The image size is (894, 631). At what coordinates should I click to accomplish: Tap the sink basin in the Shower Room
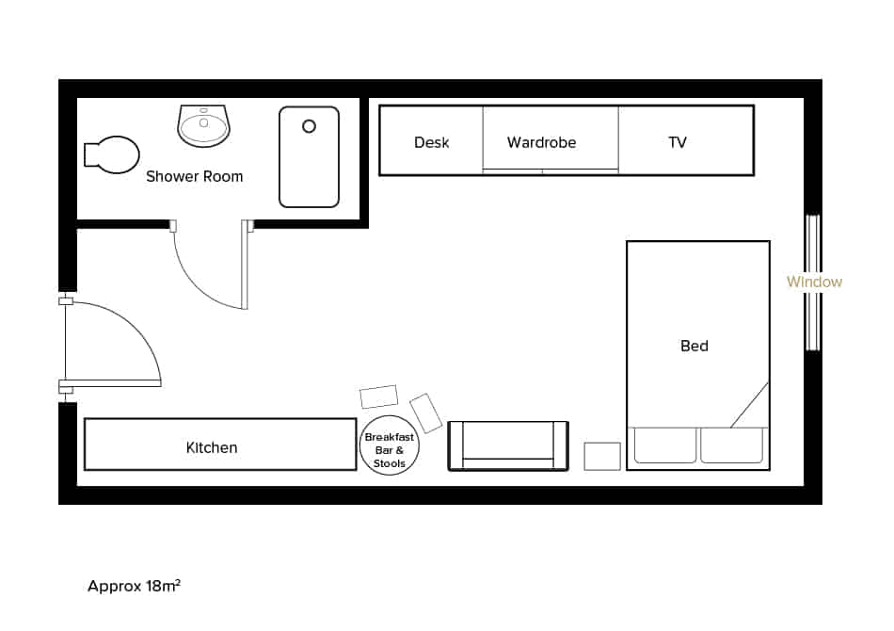click(x=203, y=125)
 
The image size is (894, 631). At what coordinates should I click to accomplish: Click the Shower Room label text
click(x=194, y=176)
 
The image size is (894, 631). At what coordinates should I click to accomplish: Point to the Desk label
click(x=431, y=143)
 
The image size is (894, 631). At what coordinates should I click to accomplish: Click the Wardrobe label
click(x=541, y=143)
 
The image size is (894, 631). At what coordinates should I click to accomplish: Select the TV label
click(x=677, y=143)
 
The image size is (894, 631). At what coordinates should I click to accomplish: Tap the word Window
click(x=814, y=282)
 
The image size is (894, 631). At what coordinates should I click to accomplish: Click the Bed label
click(x=694, y=346)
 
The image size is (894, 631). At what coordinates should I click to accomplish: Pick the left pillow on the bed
click(x=664, y=445)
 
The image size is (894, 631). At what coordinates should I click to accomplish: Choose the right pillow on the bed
click(x=732, y=445)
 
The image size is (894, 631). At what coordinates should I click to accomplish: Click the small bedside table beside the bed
click(x=602, y=456)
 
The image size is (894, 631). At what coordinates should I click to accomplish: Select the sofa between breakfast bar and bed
click(x=508, y=445)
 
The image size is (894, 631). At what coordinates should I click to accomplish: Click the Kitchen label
click(x=212, y=447)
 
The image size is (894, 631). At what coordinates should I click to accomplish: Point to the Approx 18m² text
click(x=134, y=586)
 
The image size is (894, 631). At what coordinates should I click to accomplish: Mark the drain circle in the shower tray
click(x=308, y=126)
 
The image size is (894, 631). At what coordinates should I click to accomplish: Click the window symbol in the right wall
click(x=812, y=283)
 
